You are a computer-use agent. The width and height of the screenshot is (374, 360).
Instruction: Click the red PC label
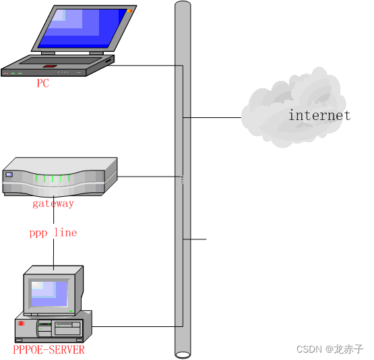point(42,84)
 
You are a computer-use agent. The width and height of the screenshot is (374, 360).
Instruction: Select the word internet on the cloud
point(319,115)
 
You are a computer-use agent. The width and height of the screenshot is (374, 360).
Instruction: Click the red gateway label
point(53,203)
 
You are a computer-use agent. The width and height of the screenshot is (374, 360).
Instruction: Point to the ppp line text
point(53,233)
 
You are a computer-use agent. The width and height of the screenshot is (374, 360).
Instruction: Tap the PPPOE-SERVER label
point(49,350)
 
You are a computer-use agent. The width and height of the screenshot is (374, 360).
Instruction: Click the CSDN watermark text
point(330,349)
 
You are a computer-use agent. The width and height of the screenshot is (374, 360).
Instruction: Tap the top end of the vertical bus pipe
point(182,5)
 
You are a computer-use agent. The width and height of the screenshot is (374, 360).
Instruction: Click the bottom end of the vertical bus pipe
point(182,353)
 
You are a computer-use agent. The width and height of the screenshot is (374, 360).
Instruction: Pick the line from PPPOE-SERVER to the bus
point(135,327)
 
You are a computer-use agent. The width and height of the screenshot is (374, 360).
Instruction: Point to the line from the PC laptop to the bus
point(145,65)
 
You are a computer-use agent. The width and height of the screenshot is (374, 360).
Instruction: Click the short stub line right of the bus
point(197,239)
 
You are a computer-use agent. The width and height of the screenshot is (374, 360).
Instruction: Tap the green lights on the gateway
point(53,179)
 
